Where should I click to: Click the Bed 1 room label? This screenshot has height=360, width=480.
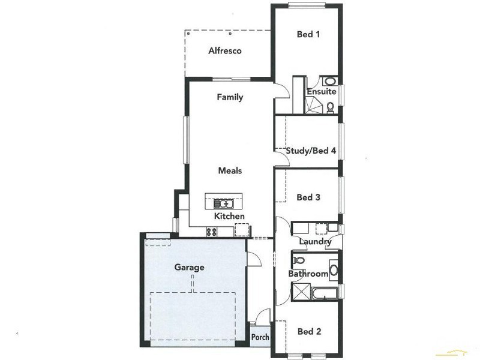308,35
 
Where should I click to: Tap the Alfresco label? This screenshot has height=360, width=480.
225,51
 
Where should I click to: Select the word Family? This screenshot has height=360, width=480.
230,97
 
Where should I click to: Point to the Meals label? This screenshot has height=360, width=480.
230,171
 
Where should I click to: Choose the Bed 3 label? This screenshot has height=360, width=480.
309,197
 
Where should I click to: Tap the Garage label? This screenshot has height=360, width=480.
190,268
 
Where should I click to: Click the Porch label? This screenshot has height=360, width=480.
260,337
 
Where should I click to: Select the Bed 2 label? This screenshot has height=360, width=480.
310,331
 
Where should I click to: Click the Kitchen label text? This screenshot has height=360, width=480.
229,216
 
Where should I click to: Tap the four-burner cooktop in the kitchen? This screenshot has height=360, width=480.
212,232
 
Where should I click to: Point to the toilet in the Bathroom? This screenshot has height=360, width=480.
299,261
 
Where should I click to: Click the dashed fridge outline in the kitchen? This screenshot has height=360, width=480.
242,229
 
